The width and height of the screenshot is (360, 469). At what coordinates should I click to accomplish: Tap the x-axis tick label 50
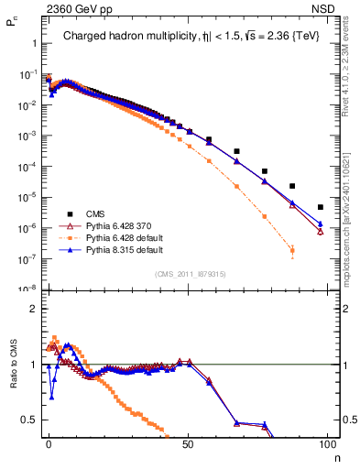pos(188,443)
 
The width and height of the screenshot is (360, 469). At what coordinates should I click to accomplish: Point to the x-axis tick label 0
pos(49,443)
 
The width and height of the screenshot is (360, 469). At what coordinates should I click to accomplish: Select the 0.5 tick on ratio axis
pos(29,420)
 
